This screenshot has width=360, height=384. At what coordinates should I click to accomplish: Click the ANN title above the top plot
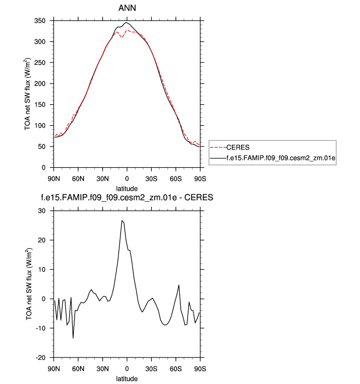pyautogui.click(x=127, y=8)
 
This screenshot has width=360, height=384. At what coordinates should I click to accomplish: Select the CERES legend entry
pyautogui.click(x=240, y=147)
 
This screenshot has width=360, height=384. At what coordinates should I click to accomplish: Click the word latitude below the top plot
pyautogui.click(x=127, y=188)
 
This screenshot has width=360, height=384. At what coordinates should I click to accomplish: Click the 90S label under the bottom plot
pyautogui.click(x=199, y=367)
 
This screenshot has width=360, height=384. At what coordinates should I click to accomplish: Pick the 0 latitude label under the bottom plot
pyautogui.click(x=127, y=367)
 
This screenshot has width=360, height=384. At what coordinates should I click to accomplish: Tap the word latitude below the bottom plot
pyautogui.click(x=127, y=378)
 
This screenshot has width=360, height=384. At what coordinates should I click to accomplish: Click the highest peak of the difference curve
pyautogui.click(x=121, y=221)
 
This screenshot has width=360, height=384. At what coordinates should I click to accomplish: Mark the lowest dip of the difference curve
pyautogui.click(x=73, y=338)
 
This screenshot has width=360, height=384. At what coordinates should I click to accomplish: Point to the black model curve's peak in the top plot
pyautogui.click(x=127, y=23)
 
